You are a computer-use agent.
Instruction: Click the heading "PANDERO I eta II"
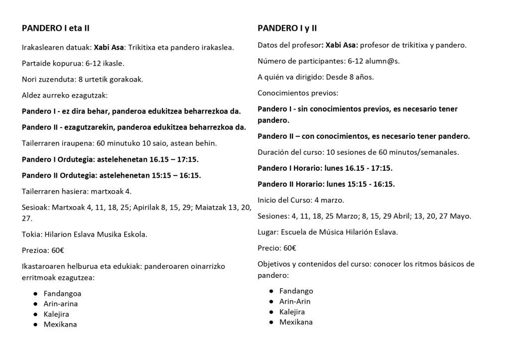(55, 28)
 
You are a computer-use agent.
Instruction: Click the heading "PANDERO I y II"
(287, 28)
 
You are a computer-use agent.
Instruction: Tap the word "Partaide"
(36, 63)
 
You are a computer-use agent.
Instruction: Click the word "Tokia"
(31, 234)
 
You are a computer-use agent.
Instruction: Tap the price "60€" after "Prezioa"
(58, 250)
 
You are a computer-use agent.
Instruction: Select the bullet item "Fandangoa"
(62, 293)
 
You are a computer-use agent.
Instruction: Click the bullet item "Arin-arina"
(60, 304)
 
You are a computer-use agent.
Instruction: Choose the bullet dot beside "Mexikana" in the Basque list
(35, 325)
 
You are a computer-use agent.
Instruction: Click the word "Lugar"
(267, 232)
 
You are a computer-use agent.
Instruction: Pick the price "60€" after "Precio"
(290, 247)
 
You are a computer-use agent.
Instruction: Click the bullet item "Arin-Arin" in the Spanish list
(295, 301)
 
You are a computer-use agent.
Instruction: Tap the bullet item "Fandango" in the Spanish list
(296, 291)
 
